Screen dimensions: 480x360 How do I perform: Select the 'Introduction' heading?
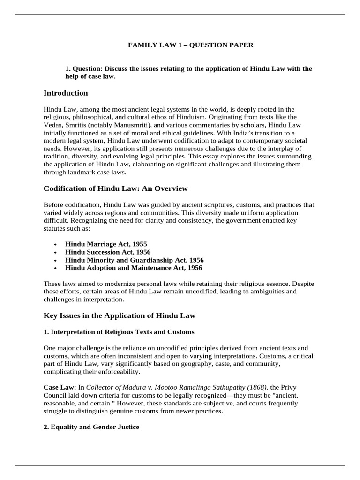point(66,93)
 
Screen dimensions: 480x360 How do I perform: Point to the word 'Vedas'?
point(53,125)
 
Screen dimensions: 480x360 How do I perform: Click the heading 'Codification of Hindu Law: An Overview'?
point(115,188)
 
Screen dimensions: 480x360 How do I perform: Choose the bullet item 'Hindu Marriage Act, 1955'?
point(106,244)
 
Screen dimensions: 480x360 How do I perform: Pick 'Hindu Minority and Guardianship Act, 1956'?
point(135,260)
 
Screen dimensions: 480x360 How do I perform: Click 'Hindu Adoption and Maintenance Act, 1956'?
point(134,268)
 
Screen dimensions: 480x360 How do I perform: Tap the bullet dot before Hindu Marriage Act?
point(55,245)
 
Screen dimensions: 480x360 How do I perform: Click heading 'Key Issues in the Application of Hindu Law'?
point(120,316)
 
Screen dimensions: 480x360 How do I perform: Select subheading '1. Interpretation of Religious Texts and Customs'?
point(119,332)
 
